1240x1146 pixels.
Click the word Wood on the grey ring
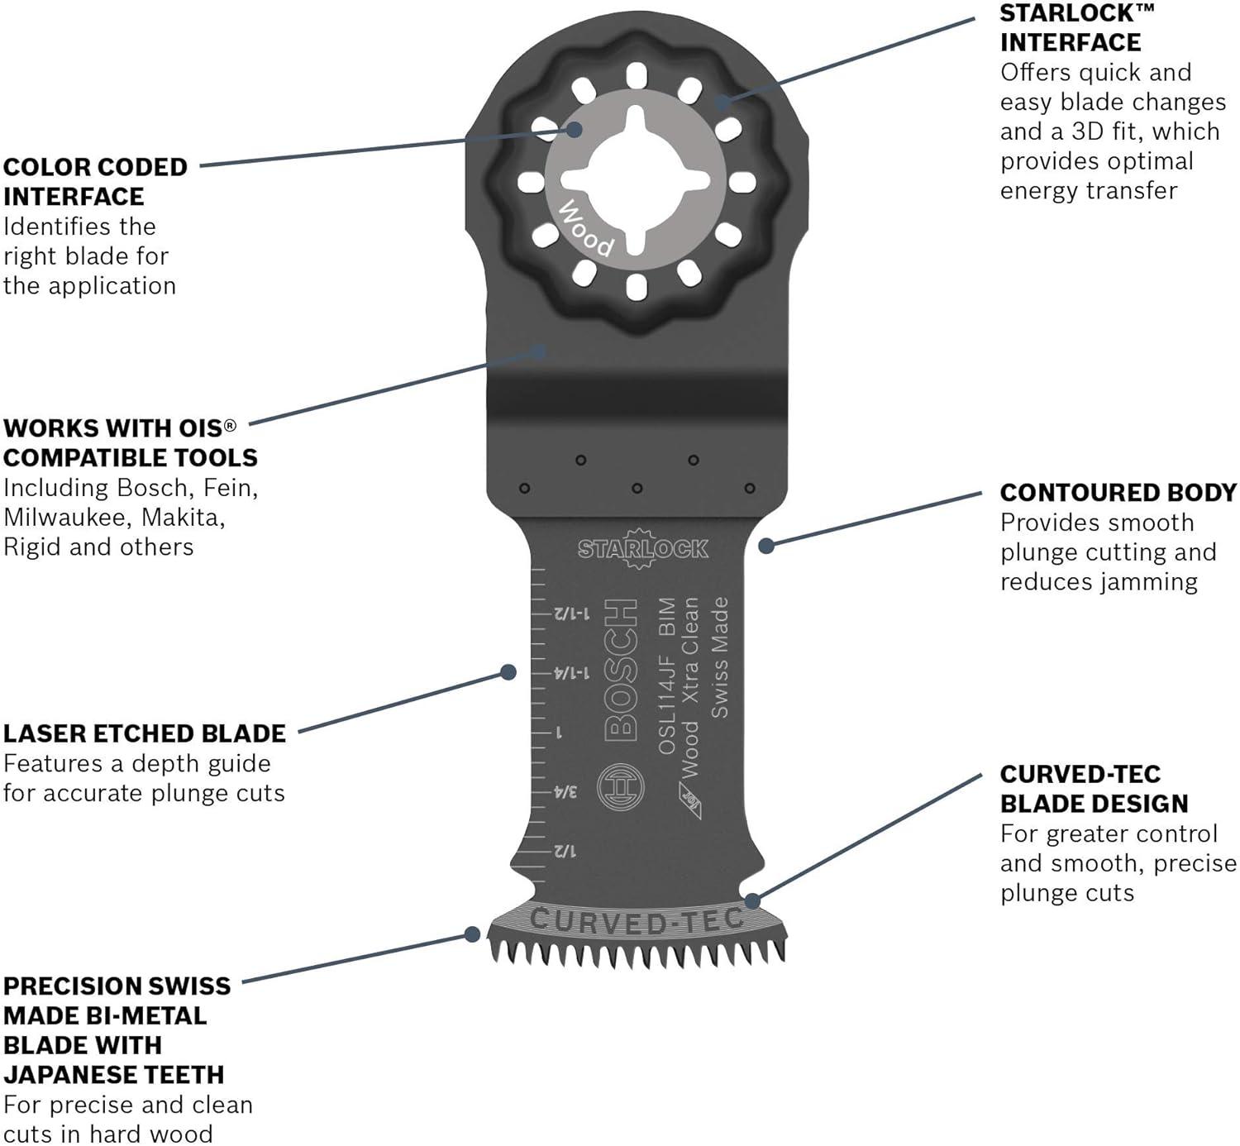coord(585,228)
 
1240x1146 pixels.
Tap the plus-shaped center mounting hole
coord(636,180)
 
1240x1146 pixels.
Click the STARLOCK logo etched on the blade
coord(642,548)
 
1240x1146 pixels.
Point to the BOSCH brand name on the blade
coord(621,670)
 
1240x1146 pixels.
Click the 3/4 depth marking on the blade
coord(564,792)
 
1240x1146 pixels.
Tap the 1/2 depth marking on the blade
coord(564,851)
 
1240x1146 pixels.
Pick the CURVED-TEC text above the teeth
coord(637,920)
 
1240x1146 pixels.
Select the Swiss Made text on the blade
coord(720,657)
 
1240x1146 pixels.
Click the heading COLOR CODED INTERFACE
coord(95,182)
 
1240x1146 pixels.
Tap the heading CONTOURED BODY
coord(1118,492)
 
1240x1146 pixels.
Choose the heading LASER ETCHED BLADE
coord(144,733)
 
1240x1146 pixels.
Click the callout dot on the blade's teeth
coord(473,934)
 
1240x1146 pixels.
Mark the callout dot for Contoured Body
coord(766,545)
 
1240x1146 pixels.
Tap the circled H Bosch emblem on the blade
coord(620,787)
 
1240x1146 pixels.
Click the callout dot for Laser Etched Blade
coord(509,672)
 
